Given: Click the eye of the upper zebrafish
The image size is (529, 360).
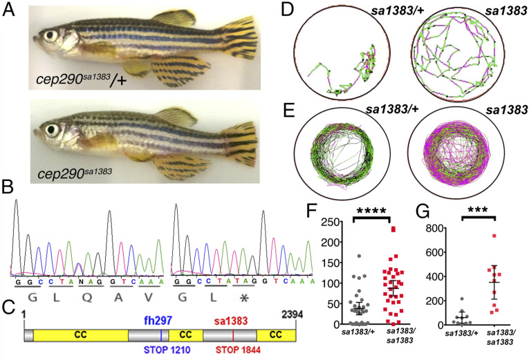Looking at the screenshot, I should click(49, 32).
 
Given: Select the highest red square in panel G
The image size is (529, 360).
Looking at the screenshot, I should click(494, 236).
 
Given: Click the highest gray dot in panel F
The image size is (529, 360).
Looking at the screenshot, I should click(358, 256).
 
